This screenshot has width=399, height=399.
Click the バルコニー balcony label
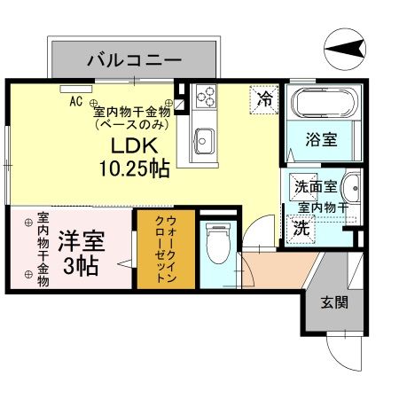(134, 60)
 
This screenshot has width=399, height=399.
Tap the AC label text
(76, 100)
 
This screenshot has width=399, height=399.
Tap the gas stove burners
(202, 96)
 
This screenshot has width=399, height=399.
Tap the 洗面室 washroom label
(315, 187)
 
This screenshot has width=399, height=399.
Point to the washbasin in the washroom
(351, 189)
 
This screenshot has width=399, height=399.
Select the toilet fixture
(214, 244)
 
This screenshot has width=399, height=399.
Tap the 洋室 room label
(79, 240)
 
